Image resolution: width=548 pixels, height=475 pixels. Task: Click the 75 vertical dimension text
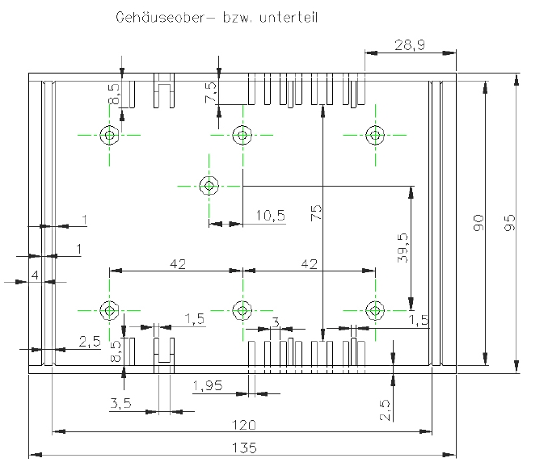coord(316,212)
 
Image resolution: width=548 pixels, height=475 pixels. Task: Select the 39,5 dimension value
coord(403,248)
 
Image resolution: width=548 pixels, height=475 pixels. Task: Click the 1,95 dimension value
coord(209,385)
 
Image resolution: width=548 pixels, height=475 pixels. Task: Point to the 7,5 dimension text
coord(211,91)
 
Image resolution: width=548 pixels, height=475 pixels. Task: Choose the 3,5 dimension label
coord(120,402)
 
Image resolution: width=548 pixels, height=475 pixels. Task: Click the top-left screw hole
coord(109,135)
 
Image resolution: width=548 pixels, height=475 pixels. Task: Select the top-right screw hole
coord(374,135)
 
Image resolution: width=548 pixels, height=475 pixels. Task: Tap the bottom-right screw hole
coord(374,309)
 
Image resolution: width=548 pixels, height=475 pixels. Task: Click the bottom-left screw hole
coord(109,309)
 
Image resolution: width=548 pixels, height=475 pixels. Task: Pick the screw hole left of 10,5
coord(209,186)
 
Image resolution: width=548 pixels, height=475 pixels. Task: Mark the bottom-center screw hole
coord(242,309)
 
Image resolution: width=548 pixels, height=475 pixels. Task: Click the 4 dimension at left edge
coord(35,275)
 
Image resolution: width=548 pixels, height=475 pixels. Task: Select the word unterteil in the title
coord(288,17)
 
